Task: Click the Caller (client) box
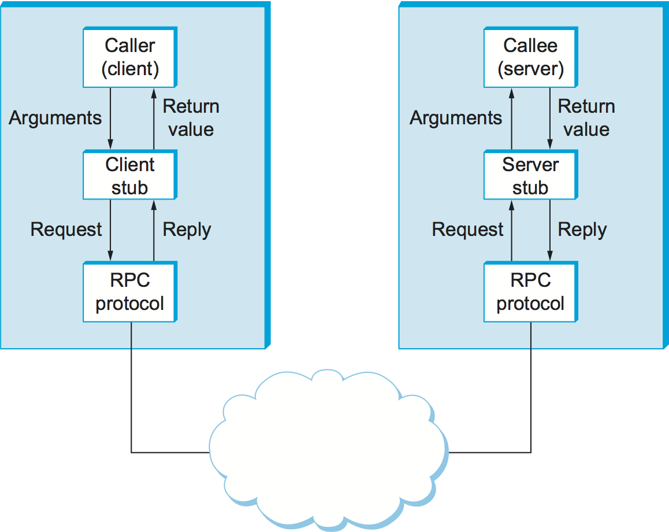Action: [130, 57]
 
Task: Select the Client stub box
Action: [130, 176]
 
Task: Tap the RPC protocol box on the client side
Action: [130, 292]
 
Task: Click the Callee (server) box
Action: [530, 57]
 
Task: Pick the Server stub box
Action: [530, 176]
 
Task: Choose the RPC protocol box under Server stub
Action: [530, 292]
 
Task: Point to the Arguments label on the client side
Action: [55, 118]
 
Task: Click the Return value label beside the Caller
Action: [191, 118]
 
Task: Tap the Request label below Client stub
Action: [66, 230]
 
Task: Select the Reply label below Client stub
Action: [187, 230]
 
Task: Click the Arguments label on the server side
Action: [456, 118]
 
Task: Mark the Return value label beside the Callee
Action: [586, 118]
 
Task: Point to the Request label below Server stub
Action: [467, 230]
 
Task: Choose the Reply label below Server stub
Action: [582, 230]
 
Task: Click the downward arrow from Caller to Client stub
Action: [110, 118]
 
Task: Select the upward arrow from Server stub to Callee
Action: [511, 118]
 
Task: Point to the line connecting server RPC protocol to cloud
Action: [530, 393]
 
